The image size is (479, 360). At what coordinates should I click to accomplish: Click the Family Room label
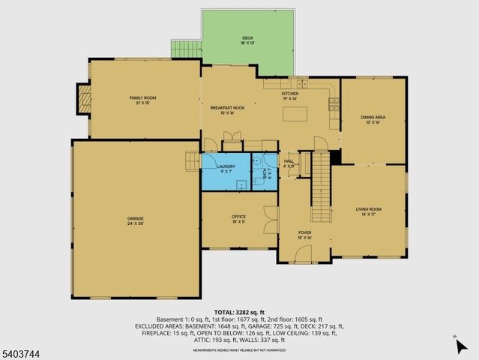142,100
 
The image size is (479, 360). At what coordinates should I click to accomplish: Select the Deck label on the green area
247,40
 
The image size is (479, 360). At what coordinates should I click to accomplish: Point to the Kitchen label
289,96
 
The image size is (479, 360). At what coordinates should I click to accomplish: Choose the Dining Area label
373,119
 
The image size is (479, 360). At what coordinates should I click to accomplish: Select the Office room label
238,218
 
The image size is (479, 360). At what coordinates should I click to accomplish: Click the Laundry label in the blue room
226,168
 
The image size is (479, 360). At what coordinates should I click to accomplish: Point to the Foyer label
304,235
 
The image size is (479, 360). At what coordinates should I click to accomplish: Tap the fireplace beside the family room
84,97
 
